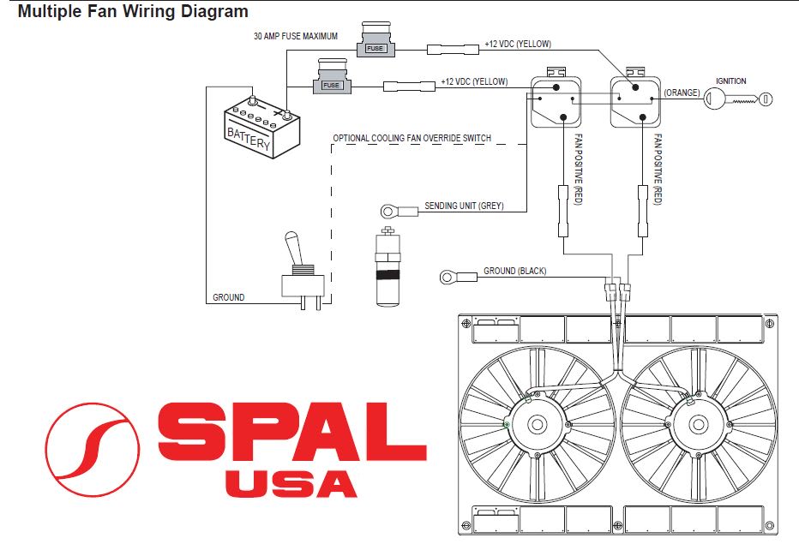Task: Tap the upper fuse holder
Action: point(375,39)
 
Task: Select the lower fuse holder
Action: point(332,76)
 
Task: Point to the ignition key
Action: point(738,99)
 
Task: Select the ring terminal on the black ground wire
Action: point(448,277)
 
